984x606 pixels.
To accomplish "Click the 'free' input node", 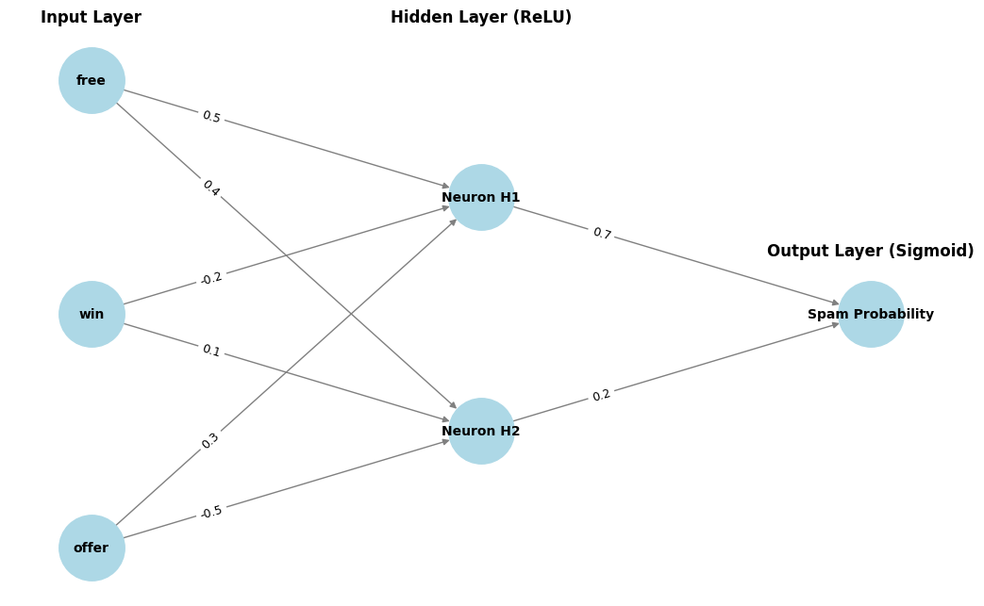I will pyautogui.click(x=92, y=81).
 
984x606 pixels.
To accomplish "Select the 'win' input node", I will pyautogui.click(x=92, y=314).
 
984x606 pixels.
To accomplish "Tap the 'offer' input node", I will pyautogui.click(x=92, y=548).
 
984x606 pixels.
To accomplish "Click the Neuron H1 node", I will pyautogui.click(x=481, y=197).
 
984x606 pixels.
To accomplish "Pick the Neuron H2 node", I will pyautogui.click(x=481, y=431).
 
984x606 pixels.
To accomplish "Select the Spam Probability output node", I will pyautogui.click(x=871, y=314).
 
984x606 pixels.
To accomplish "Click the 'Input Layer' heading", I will pyautogui.click(x=91, y=18).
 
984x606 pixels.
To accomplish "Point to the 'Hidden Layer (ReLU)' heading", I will pyautogui.click(x=481, y=18).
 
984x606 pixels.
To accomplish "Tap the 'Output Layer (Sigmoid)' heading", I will pyautogui.click(x=870, y=252).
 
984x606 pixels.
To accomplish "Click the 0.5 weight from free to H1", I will pyautogui.click(x=210, y=117).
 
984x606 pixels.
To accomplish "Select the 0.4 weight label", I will pyautogui.click(x=210, y=188).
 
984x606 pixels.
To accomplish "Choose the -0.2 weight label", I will pyautogui.click(x=211, y=278).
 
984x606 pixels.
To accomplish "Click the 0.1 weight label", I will pyautogui.click(x=210, y=351).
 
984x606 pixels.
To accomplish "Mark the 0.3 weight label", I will pyautogui.click(x=210, y=440).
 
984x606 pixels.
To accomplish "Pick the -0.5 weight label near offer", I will pyautogui.click(x=211, y=512).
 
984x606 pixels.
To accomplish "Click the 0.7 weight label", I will pyautogui.click(x=601, y=234).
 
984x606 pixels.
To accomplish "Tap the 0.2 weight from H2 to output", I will pyautogui.click(x=601, y=395).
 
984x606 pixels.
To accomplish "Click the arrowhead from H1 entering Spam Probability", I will pyautogui.click(x=835, y=303).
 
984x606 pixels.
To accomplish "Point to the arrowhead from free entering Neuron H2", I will pyautogui.click(x=453, y=405).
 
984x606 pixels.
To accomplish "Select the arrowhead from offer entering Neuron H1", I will pyautogui.click(x=453, y=222).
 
